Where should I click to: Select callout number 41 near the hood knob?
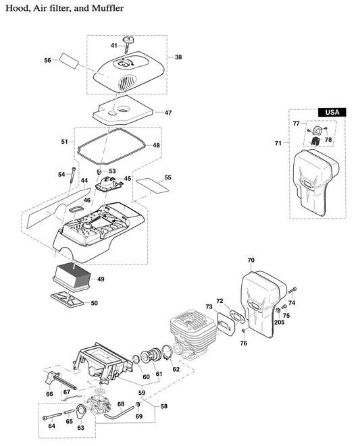[115, 45]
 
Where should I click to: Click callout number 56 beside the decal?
[48, 61]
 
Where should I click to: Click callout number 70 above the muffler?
[251, 260]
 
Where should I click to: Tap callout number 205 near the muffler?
[280, 323]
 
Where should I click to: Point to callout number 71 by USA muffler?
[278, 143]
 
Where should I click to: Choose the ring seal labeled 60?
[138, 360]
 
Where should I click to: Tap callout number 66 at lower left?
[49, 393]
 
